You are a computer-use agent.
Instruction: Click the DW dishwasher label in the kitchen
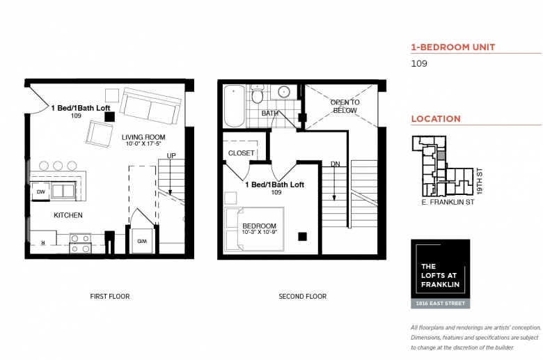tap(41, 192)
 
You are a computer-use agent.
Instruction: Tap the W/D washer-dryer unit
tap(142, 241)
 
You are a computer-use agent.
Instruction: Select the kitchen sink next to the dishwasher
tap(63, 191)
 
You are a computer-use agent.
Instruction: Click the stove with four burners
tap(80, 243)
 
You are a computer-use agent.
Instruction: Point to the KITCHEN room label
tap(68, 215)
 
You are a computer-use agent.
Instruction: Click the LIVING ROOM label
tap(143, 137)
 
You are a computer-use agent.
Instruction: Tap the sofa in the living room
tap(150, 106)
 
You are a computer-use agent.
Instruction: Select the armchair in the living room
tap(100, 134)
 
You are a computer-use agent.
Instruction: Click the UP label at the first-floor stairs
tap(171, 156)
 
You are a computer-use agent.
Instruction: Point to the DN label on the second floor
tap(336, 164)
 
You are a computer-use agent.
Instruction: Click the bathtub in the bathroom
tap(234, 106)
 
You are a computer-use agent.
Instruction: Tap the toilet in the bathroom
tap(257, 93)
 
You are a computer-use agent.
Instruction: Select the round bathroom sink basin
tap(284, 92)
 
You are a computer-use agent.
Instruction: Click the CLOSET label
tap(242, 153)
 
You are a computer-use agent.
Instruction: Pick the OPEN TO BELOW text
tap(345, 107)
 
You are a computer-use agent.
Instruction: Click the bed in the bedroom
tap(255, 229)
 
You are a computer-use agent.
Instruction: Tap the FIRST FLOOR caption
tap(110, 297)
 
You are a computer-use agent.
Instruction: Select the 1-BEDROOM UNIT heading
tap(453, 47)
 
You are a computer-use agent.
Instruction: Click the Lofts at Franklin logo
tap(441, 274)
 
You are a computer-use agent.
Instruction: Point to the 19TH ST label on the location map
tap(479, 181)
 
